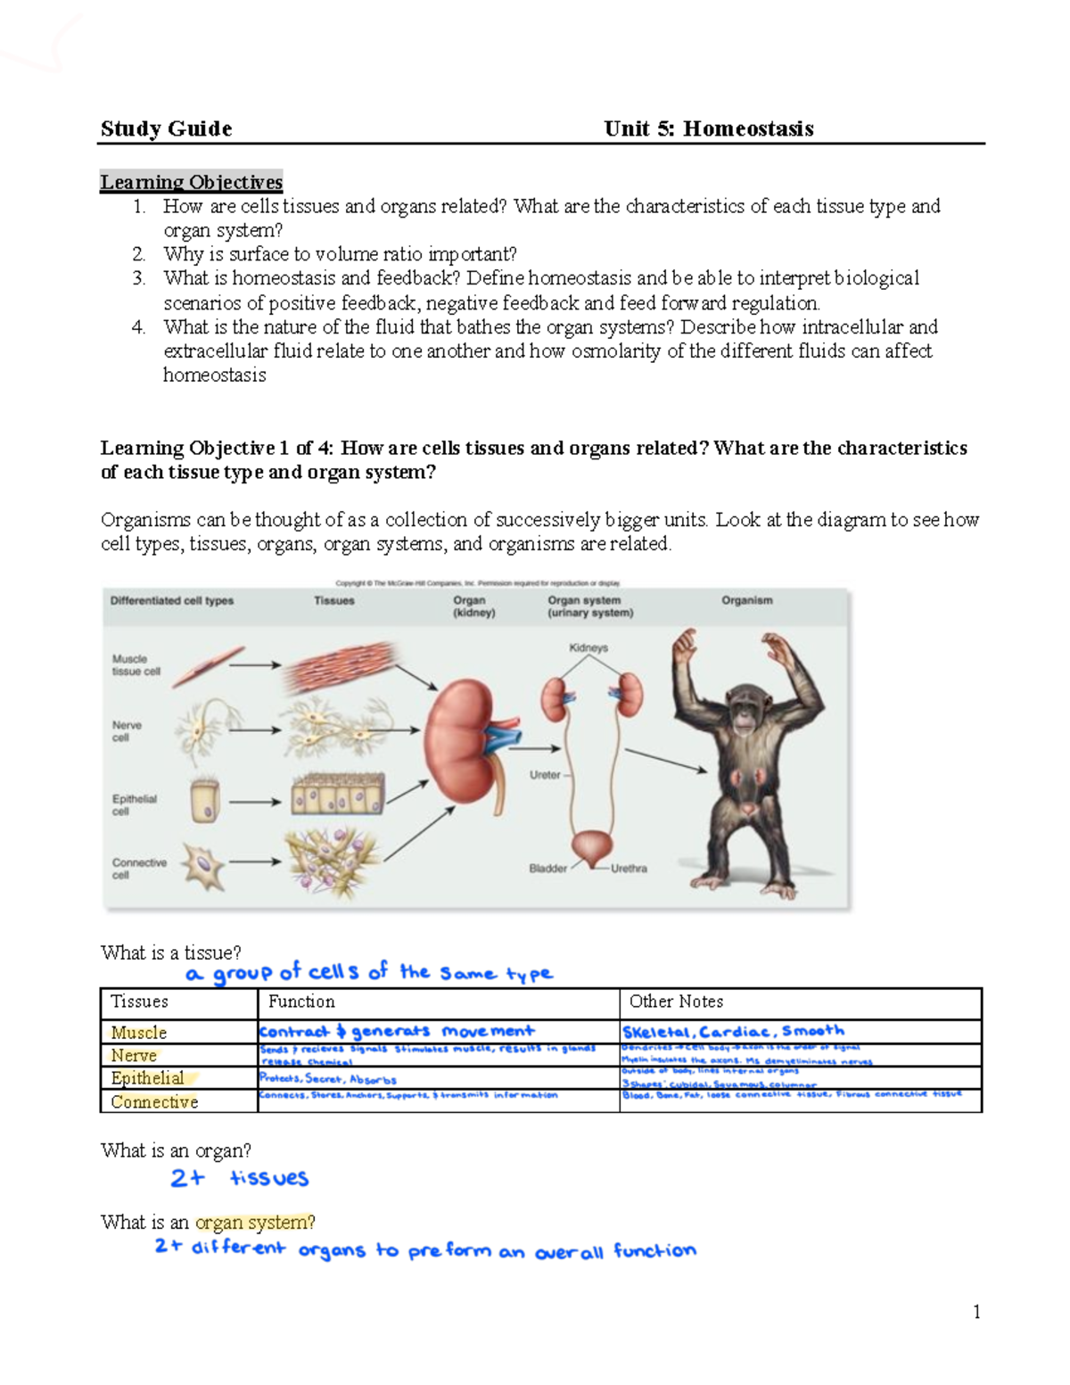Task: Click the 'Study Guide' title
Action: (x=166, y=129)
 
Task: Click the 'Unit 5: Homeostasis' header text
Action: (x=708, y=129)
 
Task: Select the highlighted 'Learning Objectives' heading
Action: (x=191, y=182)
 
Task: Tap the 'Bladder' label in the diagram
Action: (x=547, y=868)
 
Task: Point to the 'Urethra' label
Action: (x=629, y=868)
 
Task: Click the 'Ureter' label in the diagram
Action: (x=545, y=775)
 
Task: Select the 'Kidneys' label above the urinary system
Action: (x=588, y=648)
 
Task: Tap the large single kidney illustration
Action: (x=461, y=740)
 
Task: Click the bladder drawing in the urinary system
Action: (x=591, y=846)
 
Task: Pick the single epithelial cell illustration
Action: (x=205, y=800)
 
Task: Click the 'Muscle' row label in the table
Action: (x=138, y=1033)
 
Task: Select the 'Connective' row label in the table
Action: (x=154, y=1102)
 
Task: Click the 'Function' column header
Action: (x=301, y=1002)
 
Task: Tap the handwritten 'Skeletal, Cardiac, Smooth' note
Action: (x=733, y=1031)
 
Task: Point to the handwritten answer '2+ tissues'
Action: (x=239, y=1178)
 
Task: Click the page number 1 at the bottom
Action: (x=976, y=1311)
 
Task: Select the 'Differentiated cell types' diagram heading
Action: (x=171, y=601)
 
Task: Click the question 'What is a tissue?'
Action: (x=170, y=952)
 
